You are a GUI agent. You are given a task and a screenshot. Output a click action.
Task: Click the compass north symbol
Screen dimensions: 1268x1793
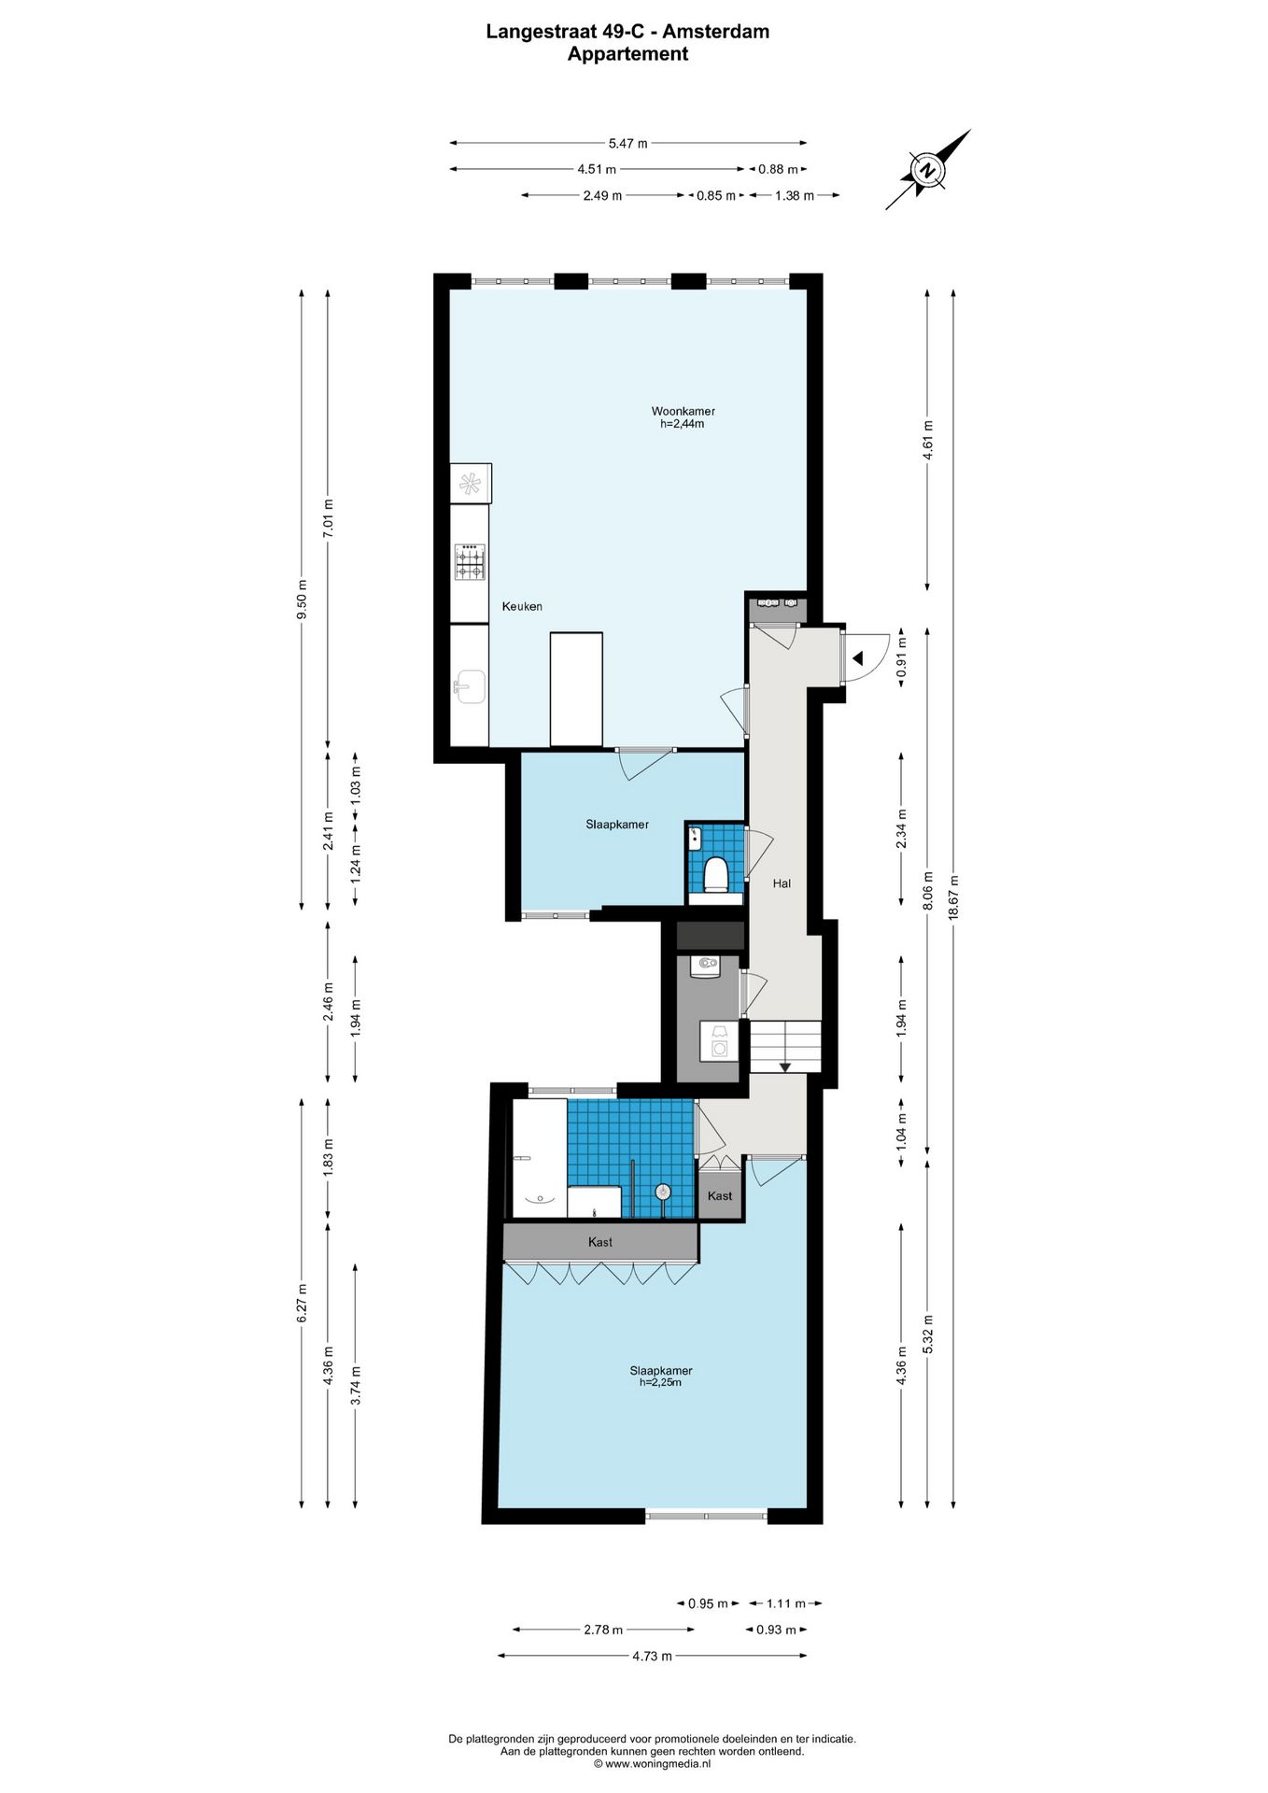coord(927,170)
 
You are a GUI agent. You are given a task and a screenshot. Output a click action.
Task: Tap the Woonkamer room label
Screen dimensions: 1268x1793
coord(683,411)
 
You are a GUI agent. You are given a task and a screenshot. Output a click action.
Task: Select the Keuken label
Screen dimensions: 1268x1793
coord(522,606)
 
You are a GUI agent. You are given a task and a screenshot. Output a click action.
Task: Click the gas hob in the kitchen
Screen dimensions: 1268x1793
coord(470,562)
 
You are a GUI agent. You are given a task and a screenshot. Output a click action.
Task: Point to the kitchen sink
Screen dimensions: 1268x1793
coord(470,686)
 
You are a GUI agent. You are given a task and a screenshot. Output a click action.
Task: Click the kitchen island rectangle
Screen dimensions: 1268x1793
coord(576,689)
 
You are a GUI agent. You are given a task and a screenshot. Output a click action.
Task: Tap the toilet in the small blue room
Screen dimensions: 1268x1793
coord(716,874)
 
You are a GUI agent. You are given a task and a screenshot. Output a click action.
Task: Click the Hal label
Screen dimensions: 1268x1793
coord(782,882)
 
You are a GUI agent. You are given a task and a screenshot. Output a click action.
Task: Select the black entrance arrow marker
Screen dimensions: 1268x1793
coord(858,658)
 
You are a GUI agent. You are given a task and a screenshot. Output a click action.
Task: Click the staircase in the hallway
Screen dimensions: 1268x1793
coord(785,1047)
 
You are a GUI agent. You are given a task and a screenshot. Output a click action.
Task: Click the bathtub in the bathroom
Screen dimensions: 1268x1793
coord(540,1158)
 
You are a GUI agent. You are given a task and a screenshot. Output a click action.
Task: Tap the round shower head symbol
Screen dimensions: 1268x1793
coord(663,1191)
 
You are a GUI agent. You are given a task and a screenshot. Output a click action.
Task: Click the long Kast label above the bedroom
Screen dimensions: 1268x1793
coord(600,1241)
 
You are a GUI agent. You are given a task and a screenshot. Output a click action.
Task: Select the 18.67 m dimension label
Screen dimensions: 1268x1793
coord(953,897)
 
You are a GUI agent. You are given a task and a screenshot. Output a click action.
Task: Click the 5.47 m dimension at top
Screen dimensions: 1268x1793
coord(628,143)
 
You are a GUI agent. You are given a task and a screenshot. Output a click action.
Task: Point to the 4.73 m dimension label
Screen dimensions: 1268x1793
coord(652,1656)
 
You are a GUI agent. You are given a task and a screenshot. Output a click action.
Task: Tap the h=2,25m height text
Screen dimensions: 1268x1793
coord(660,1382)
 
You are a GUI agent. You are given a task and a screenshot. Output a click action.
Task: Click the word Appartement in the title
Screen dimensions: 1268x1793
coord(628,54)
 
